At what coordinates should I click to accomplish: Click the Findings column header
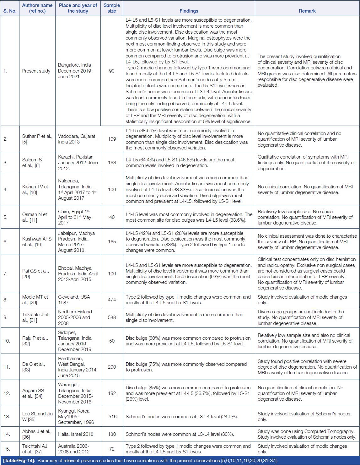(189, 11)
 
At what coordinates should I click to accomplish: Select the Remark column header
(307, 11)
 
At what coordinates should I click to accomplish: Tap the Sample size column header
(112, 8)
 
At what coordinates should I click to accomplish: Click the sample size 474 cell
(112, 300)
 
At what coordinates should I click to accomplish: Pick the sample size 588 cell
(112, 317)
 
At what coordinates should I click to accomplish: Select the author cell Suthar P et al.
(37, 139)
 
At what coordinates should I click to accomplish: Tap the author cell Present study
(36, 71)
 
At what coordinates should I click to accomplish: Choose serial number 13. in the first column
(7, 417)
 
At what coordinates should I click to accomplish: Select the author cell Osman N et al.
(35, 217)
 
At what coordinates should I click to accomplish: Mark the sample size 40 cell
(112, 217)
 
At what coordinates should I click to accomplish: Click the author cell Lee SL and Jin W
(37, 416)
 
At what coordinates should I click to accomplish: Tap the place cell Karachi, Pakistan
(78, 162)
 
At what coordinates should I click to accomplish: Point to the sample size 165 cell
(112, 242)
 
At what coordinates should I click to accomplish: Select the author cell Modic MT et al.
(35, 300)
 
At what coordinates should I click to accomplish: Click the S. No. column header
(10, 11)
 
